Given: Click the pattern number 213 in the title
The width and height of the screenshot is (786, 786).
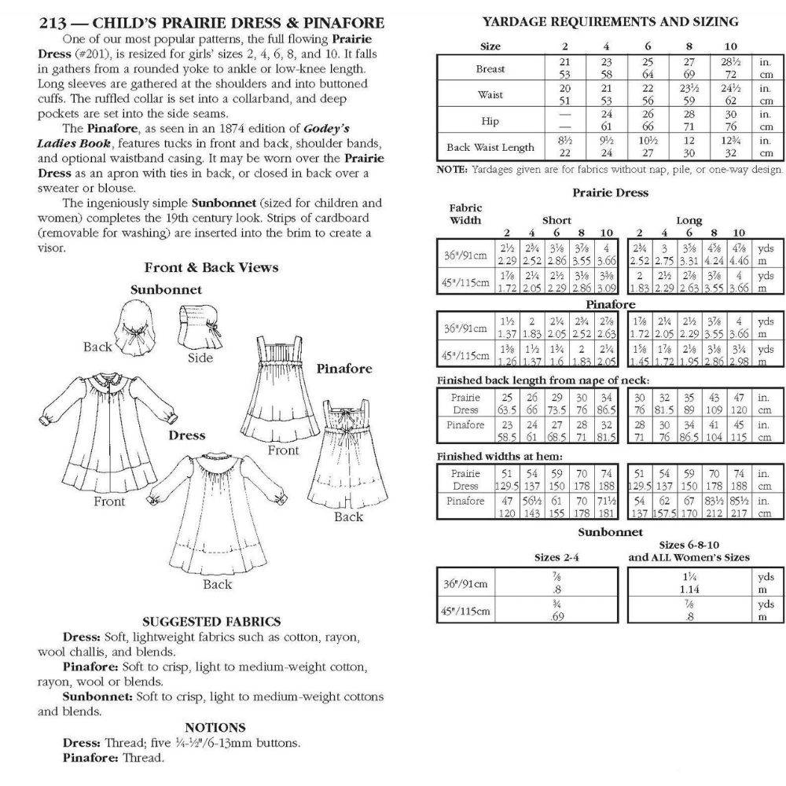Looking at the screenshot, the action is click(x=53, y=23).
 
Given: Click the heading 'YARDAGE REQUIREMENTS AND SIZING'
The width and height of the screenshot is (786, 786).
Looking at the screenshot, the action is click(x=610, y=22).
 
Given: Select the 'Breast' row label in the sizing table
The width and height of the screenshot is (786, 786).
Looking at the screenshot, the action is click(x=490, y=68).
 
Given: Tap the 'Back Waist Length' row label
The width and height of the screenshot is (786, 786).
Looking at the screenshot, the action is click(x=490, y=148).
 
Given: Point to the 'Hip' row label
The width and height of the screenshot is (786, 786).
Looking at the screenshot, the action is click(x=490, y=121).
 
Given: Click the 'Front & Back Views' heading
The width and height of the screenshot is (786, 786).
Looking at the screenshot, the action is click(x=211, y=268).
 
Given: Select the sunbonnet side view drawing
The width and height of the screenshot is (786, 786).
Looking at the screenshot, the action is click(x=200, y=326).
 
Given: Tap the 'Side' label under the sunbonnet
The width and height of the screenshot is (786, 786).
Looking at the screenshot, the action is click(x=200, y=358).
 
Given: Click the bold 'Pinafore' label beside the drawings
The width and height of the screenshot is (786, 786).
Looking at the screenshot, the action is click(x=344, y=369).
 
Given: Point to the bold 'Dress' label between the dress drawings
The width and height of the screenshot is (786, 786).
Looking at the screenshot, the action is click(x=186, y=435).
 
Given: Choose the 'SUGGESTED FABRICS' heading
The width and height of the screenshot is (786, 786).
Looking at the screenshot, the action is click(x=211, y=622).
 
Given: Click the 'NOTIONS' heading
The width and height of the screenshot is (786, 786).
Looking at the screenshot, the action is click(x=215, y=728).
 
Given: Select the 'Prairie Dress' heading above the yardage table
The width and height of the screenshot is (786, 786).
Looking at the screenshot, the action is click(x=610, y=193).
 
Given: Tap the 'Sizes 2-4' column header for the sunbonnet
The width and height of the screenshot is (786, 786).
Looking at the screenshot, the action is click(x=556, y=557).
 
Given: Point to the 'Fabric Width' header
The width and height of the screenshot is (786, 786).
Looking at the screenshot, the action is click(x=465, y=214).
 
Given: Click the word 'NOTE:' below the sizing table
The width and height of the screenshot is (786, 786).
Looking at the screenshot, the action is click(x=452, y=170).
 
